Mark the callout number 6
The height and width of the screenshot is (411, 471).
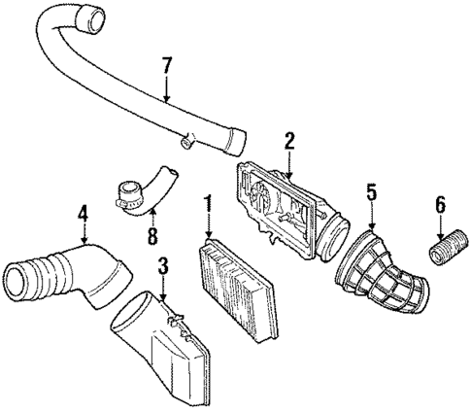[x=439, y=206]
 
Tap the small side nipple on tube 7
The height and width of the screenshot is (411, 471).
[x=183, y=144]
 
